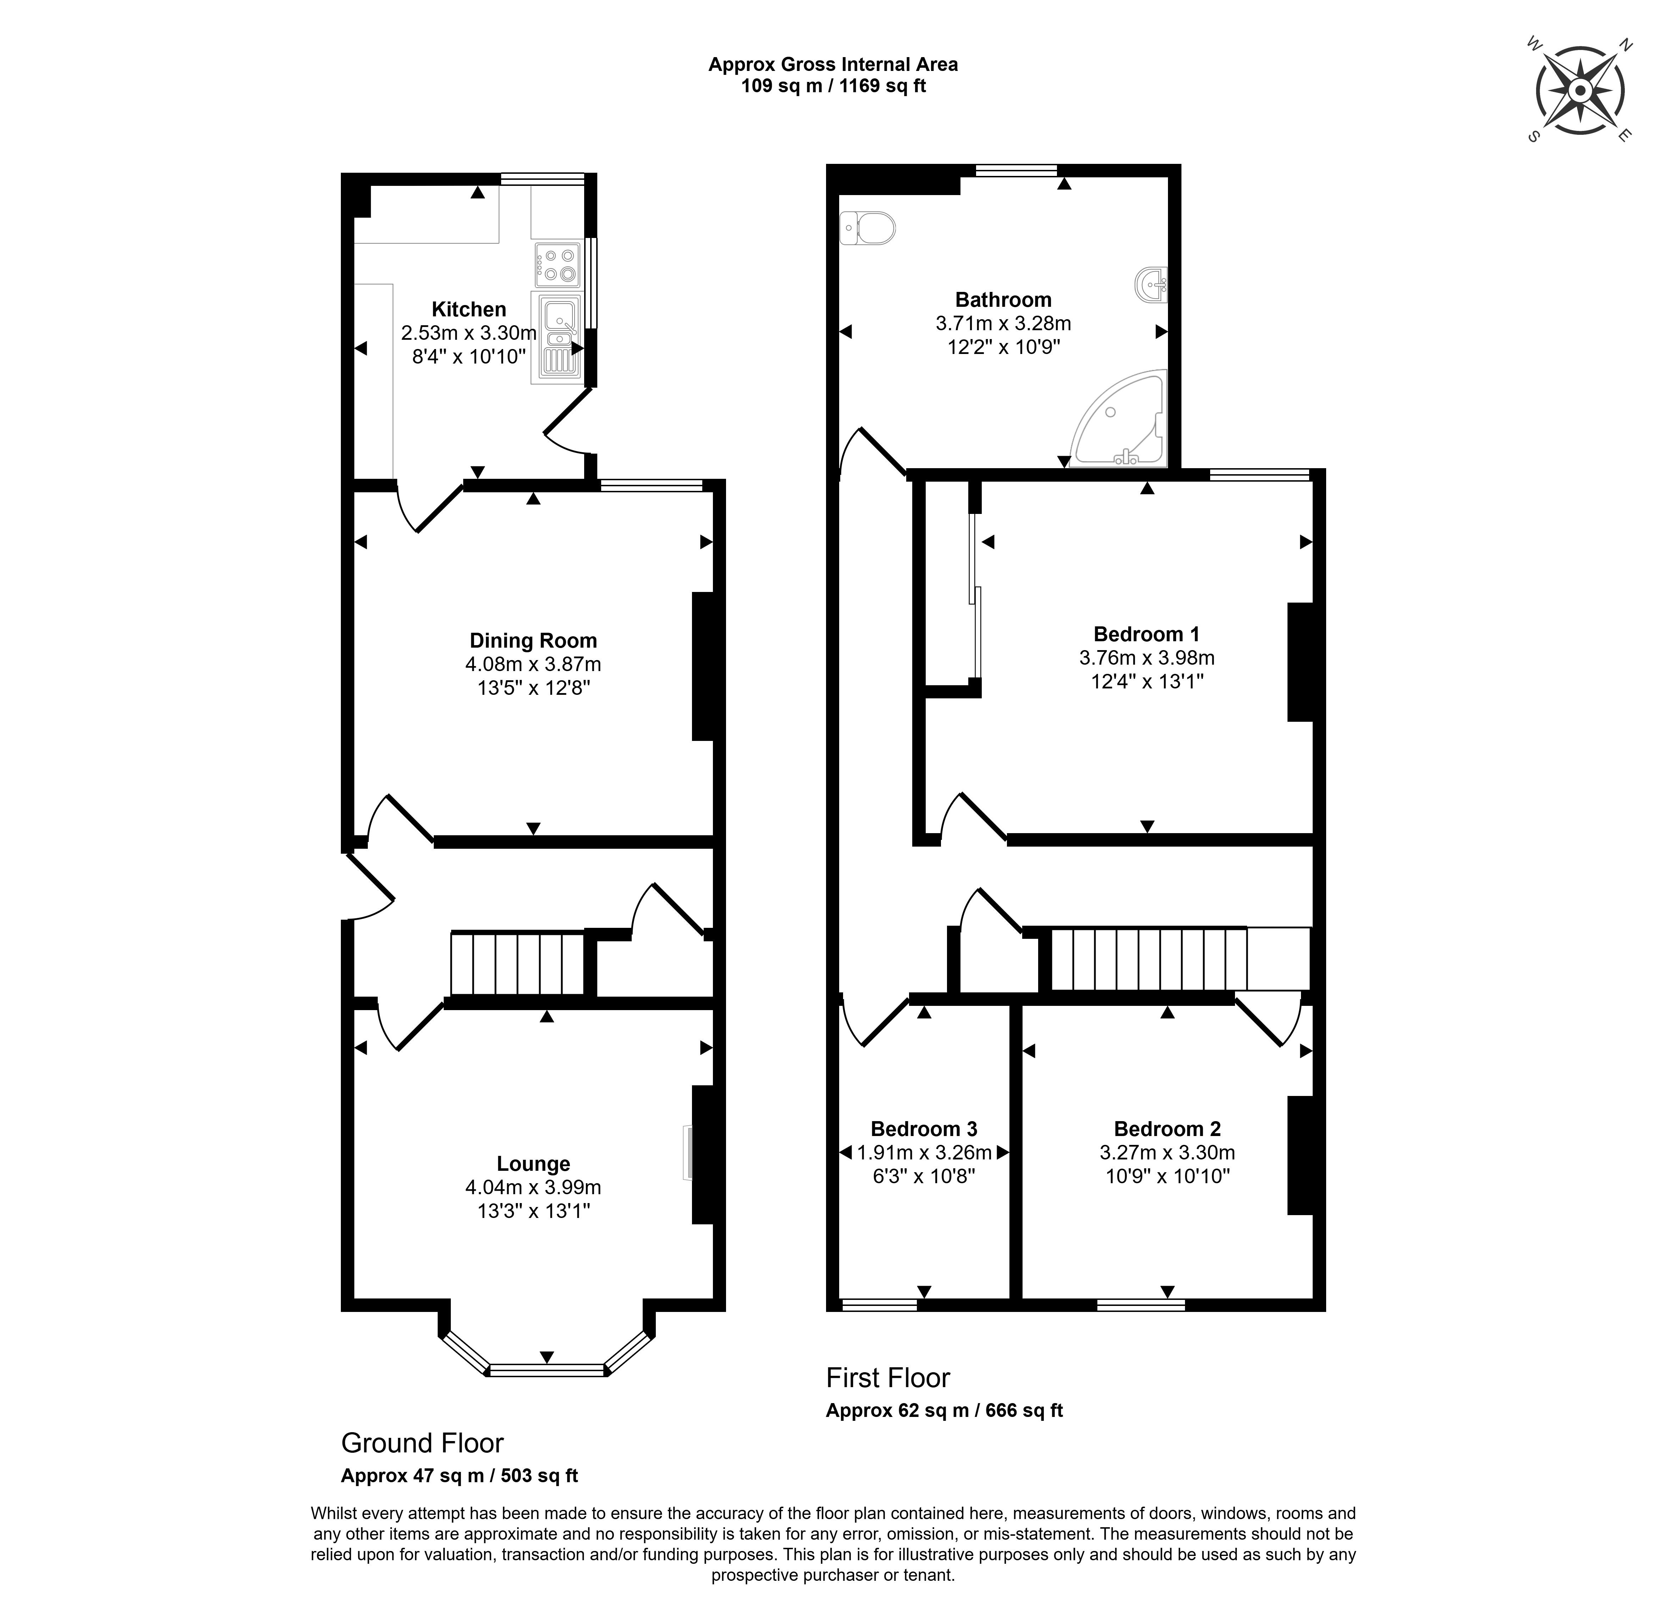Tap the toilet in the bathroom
point(868,228)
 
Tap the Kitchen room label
point(469,310)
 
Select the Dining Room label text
point(533,641)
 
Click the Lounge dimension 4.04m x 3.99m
point(533,1187)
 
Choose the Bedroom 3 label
point(924,1129)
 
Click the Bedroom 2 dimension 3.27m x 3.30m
point(1167,1153)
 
